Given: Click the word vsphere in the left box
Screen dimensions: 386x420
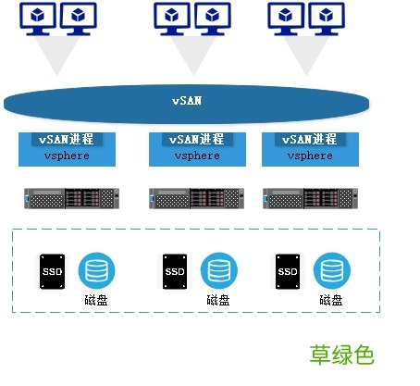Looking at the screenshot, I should pyautogui.click(x=65, y=156).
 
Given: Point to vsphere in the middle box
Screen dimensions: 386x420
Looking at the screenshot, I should pyautogui.click(x=195, y=156).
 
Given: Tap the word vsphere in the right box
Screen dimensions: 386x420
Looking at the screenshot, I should pyautogui.click(x=310, y=156).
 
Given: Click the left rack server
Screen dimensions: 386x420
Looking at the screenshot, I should pyautogui.click(x=70, y=198).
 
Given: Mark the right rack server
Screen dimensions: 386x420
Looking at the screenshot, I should pyautogui.click(x=309, y=198).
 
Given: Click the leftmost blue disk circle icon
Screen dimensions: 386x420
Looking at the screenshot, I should pyautogui.click(x=95, y=270).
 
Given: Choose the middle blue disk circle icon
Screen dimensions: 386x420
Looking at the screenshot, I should pyautogui.click(x=217, y=270).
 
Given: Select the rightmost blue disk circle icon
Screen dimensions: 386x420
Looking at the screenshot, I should pyautogui.click(x=330, y=270).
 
